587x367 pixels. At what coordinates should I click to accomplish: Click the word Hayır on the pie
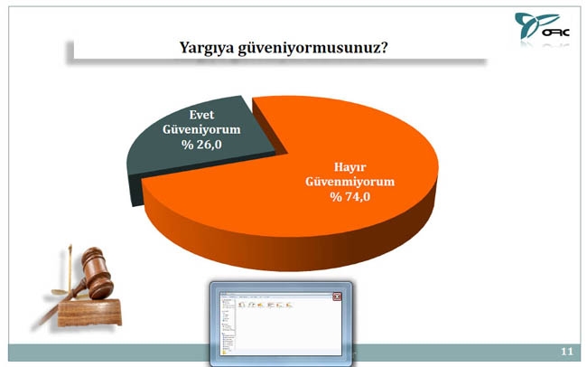point(349,166)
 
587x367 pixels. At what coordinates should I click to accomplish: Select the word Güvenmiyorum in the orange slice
point(349,181)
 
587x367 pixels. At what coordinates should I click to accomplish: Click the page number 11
point(566,351)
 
